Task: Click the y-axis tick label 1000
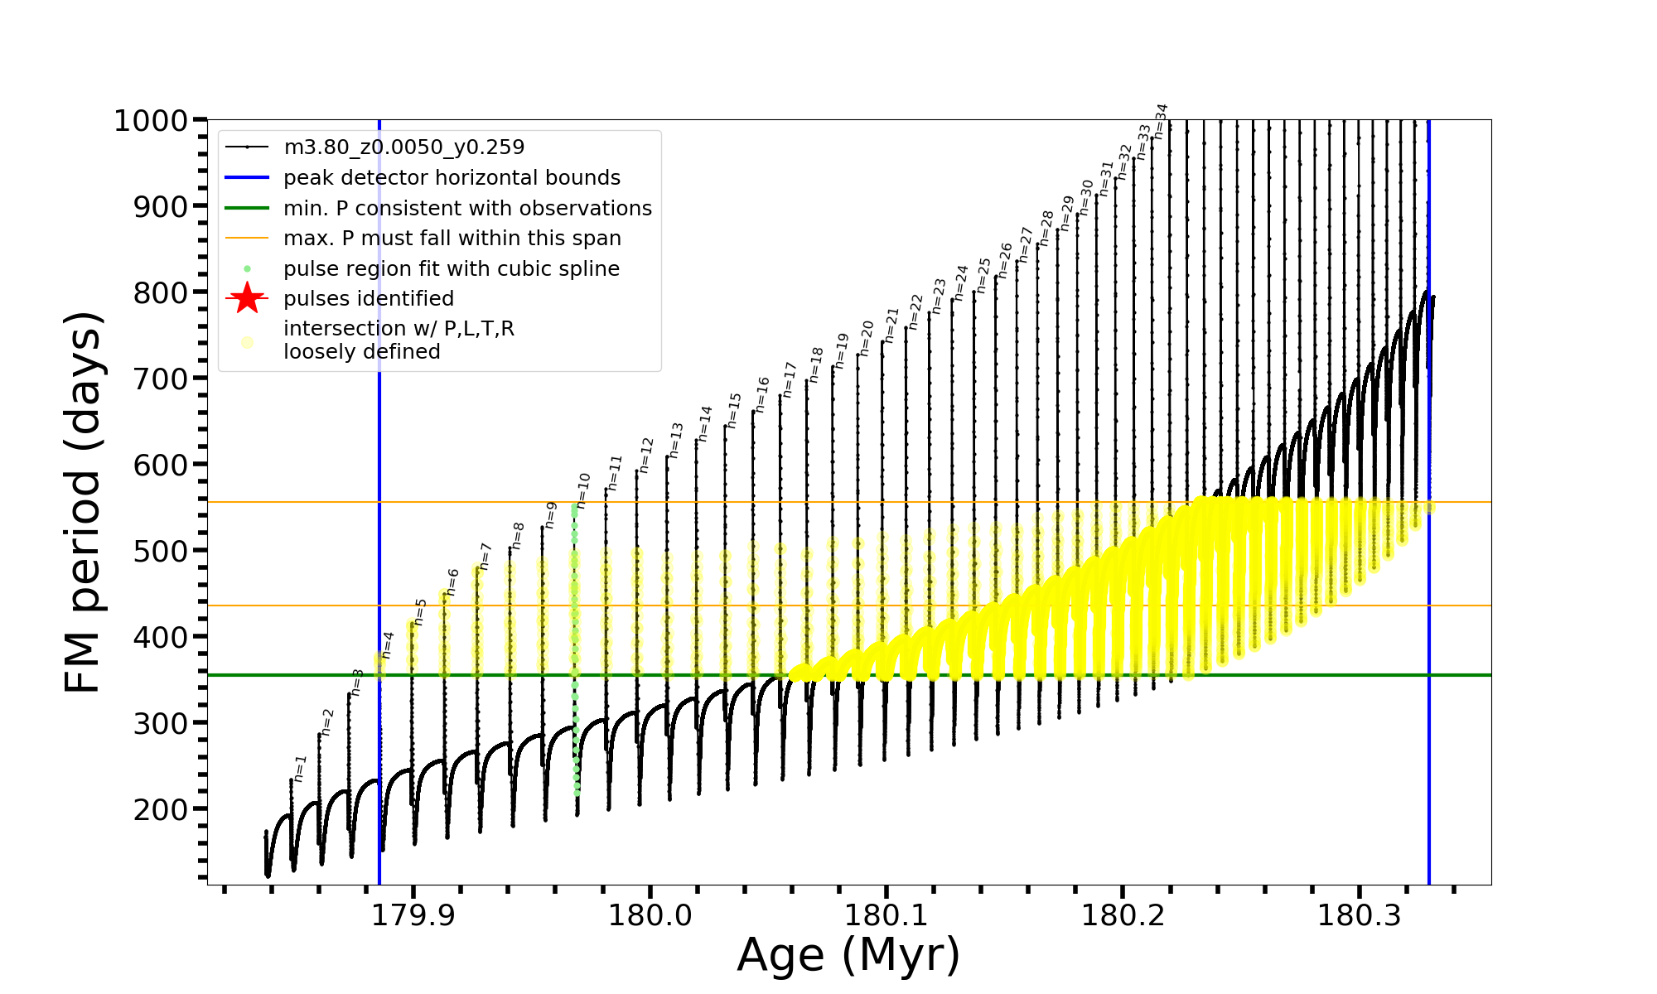(x=150, y=122)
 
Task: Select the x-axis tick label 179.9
(x=413, y=915)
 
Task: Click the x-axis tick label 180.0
(x=650, y=915)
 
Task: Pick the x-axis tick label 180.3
(x=1359, y=915)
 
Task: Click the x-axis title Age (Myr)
(x=848, y=955)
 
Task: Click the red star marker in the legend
(x=247, y=299)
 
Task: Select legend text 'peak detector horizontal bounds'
(x=452, y=178)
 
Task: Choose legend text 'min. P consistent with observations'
(x=467, y=209)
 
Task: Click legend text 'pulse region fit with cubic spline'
(x=451, y=269)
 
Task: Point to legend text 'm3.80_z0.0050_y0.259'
(x=403, y=147)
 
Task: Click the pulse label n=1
(x=301, y=769)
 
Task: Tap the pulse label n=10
(x=583, y=490)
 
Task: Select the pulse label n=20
(x=867, y=338)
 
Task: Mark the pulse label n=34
(x=1162, y=121)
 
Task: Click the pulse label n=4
(x=388, y=644)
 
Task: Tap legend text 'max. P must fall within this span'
(x=452, y=239)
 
